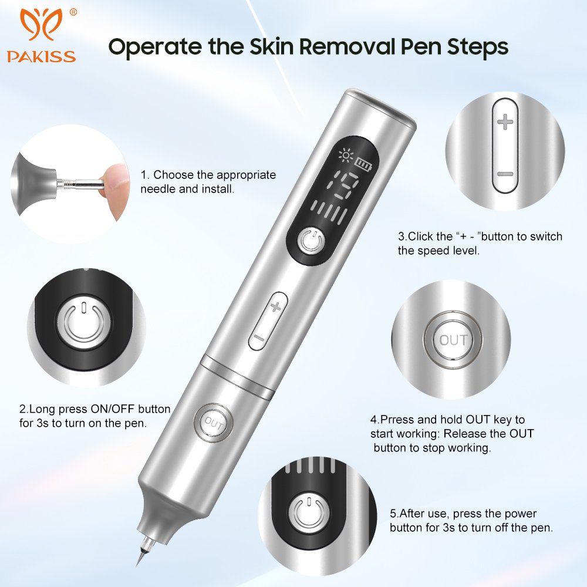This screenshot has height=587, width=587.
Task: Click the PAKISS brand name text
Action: coord(41,56)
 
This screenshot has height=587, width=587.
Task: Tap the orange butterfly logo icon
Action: coord(41,24)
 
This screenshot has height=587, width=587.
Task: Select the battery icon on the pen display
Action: coord(364,164)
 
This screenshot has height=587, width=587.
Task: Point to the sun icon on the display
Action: coord(346,156)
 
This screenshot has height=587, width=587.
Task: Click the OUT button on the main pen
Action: coord(214,423)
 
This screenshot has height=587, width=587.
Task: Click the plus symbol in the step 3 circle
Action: coord(505,122)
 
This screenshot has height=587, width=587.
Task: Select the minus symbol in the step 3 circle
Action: coord(505,174)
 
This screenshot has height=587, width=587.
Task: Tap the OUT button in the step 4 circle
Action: coord(453,340)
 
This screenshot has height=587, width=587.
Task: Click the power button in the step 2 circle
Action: coord(84,323)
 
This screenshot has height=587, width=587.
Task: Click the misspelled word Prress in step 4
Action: coord(392,420)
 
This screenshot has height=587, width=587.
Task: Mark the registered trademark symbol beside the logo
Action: coord(73,13)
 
